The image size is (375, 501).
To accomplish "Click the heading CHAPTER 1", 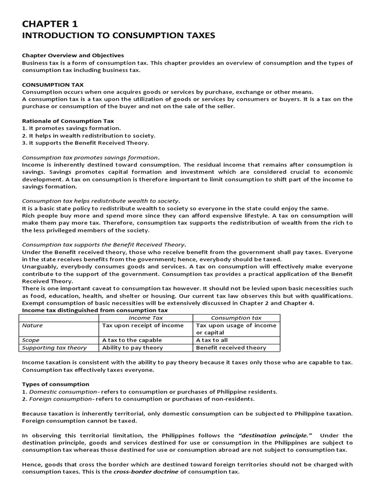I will click(50, 24).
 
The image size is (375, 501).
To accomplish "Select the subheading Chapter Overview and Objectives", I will click(73, 55).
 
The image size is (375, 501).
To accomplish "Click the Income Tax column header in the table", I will click(145, 318).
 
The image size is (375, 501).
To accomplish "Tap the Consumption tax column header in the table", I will click(236, 318).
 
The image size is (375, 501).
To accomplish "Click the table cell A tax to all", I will click(212, 340).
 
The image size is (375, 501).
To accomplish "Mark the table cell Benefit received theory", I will click(231, 347).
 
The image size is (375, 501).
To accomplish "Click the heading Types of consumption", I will click(56, 384).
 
